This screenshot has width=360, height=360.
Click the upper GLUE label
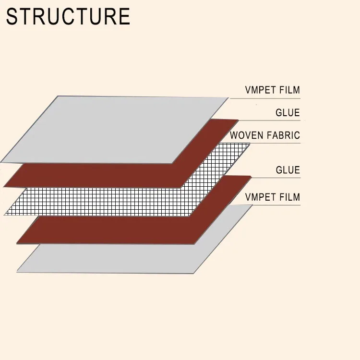[x=288, y=113]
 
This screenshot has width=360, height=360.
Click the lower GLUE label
[x=288, y=170]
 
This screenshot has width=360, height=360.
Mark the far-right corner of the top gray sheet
[x=228, y=98]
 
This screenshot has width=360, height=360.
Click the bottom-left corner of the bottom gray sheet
[x=17, y=272]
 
